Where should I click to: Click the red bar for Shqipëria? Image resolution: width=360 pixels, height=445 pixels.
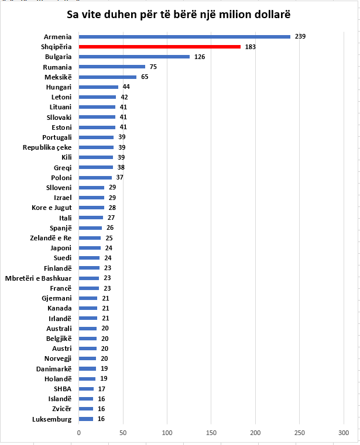point(159,46)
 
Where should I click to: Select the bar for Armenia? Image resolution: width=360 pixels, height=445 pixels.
point(184,36)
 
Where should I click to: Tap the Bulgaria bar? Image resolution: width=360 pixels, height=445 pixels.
point(134,57)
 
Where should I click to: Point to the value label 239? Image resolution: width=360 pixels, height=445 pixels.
point(300,36)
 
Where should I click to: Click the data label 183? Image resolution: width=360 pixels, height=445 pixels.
point(251,46)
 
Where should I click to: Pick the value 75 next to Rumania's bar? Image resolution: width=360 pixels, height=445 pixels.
point(153,67)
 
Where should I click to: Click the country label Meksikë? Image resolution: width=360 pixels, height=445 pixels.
point(58,77)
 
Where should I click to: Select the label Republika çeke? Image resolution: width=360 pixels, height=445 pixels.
point(47,147)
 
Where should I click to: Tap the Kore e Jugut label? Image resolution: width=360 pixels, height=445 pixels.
point(52,208)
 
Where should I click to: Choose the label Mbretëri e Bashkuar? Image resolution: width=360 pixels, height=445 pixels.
point(38,278)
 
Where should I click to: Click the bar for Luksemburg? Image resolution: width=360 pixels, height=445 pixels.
point(85,419)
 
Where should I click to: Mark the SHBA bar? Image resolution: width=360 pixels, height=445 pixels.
point(86,389)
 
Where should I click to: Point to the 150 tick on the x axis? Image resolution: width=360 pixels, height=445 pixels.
point(211,433)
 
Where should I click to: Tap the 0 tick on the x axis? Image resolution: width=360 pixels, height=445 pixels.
point(79,433)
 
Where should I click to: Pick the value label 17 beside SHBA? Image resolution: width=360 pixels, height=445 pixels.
point(102,389)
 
